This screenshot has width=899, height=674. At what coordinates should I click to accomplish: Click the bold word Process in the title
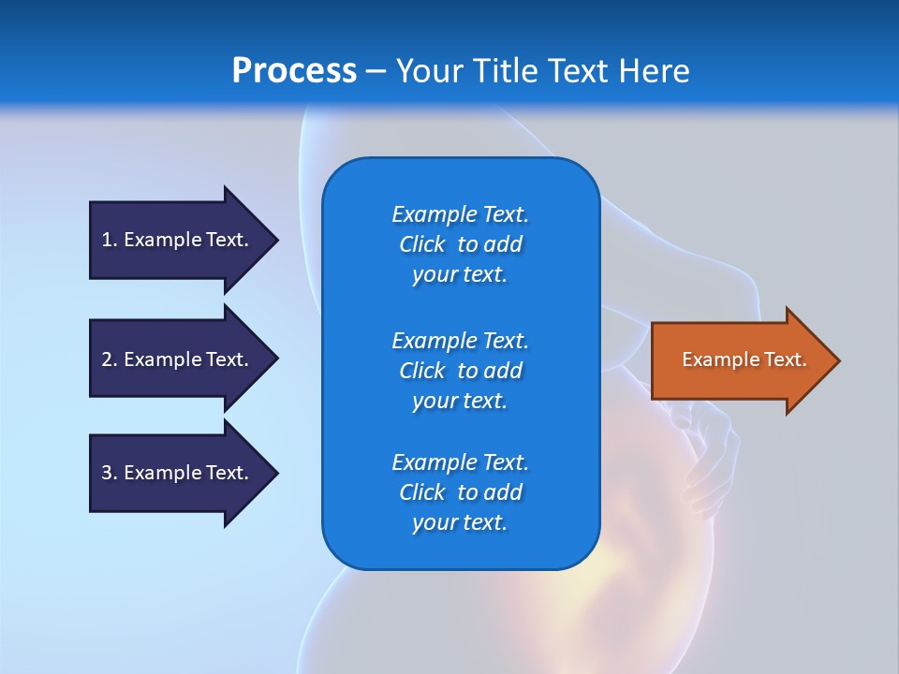(294, 71)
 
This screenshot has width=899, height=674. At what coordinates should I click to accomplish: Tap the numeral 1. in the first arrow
(110, 240)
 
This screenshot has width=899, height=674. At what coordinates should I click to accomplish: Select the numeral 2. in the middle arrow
(110, 359)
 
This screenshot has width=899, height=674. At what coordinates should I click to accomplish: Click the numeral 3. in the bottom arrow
(110, 473)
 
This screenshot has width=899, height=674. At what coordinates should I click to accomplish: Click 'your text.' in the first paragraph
(460, 275)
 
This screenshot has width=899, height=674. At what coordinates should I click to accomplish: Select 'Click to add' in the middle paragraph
(461, 371)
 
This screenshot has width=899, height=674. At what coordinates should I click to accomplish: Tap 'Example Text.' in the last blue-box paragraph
(461, 462)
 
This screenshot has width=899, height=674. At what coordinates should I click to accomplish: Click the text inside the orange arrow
(744, 359)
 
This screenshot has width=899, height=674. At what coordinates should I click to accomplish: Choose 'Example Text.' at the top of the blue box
(461, 214)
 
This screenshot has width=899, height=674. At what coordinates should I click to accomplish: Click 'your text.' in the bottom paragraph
(460, 523)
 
